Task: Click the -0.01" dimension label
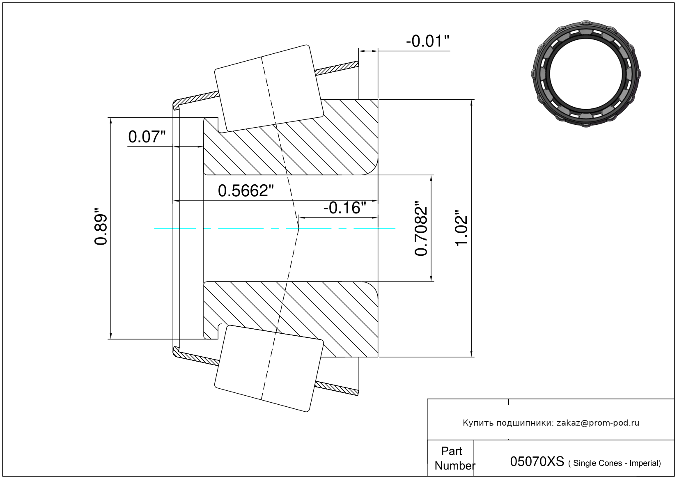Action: click(427, 41)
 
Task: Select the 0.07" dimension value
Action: click(147, 137)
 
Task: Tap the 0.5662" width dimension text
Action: click(246, 191)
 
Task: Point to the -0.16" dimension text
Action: click(344, 208)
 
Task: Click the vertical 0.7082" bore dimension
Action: click(421, 228)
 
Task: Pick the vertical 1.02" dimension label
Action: click(461, 228)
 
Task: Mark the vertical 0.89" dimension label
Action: click(101, 226)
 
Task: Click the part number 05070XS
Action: click(537, 461)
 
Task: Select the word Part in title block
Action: click(452, 451)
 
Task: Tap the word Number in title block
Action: click(455, 466)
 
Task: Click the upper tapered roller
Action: click(269, 88)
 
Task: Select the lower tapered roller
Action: click(269, 369)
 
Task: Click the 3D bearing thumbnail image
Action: click(586, 74)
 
